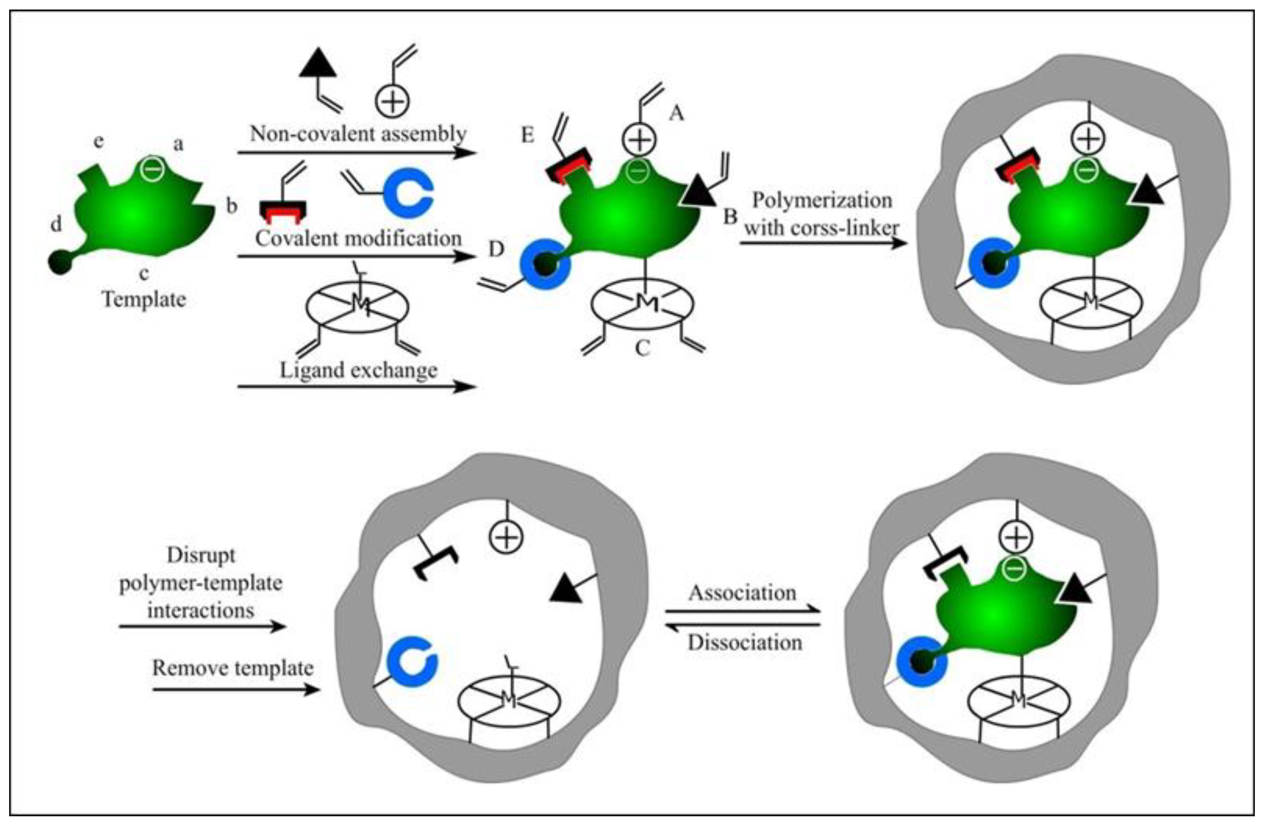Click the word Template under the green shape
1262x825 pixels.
(144, 300)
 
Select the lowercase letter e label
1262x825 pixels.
(99, 142)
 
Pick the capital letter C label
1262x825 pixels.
(643, 348)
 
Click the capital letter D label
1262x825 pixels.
(496, 249)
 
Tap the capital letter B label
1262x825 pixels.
(730, 216)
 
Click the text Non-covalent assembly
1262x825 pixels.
(358, 133)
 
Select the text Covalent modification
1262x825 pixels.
(358, 238)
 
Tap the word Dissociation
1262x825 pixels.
(745, 642)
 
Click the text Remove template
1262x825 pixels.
(233, 667)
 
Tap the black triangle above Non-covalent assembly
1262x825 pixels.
(319, 62)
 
